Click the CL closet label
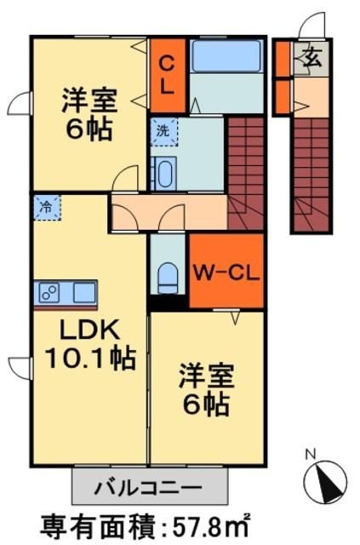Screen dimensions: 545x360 tap(168, 74)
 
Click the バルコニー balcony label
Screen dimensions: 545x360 tap(149, 489)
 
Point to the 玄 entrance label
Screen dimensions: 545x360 tap(311, 59)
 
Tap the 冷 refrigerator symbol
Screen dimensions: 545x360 tap(48, 206)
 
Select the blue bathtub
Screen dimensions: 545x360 tap(226, 57)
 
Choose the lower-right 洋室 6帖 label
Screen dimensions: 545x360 tap(204, 389)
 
